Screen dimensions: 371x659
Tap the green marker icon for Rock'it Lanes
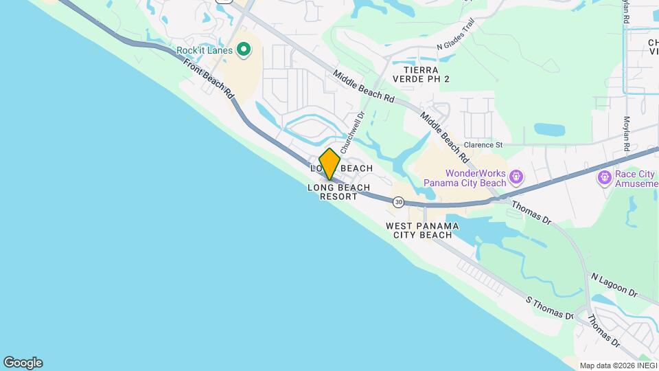(242, 49)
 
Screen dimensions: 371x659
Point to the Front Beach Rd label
(209, 78)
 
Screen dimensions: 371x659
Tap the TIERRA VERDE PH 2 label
(426, 74)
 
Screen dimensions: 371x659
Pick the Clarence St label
(483, 145)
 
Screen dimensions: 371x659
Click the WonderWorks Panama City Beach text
(465, 179)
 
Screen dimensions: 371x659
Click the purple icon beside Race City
(605, 179)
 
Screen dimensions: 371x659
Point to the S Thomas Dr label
(549, 308)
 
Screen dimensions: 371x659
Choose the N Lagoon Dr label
(614, 282)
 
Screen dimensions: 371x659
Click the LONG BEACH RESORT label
(338, 192)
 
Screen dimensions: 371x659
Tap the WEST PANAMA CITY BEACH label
(422, 230)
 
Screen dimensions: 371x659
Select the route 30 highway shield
(398, 202)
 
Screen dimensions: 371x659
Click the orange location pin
(329, 164)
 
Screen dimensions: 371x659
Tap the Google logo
(23, 363)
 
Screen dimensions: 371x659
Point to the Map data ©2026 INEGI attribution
(618, 366)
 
